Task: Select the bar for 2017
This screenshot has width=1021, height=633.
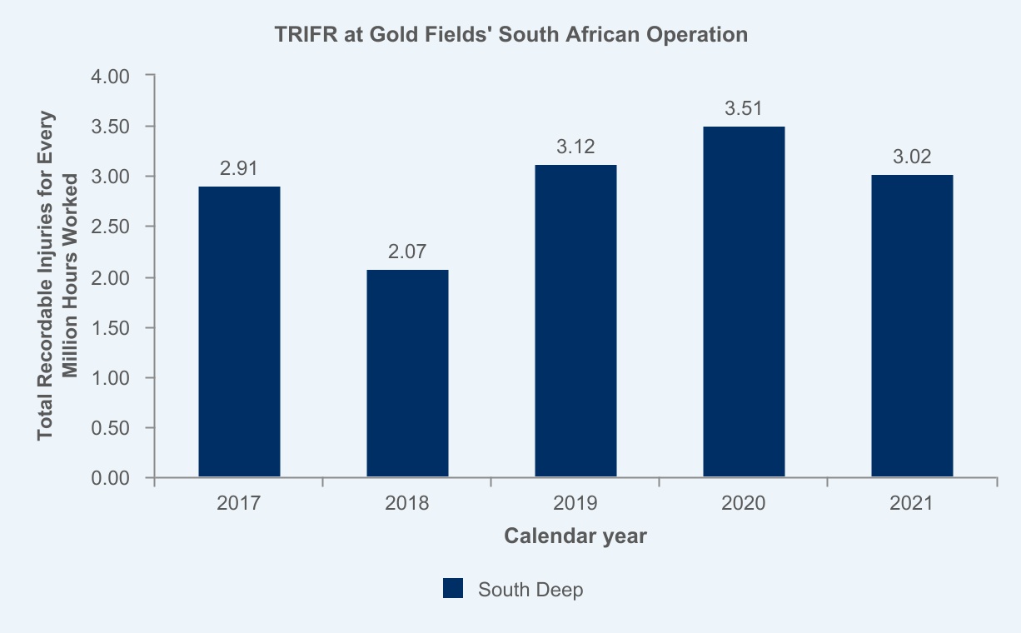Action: point(239,331)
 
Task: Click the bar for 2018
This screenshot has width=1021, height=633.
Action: point(407,373)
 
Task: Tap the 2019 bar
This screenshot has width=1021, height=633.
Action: point(575,321)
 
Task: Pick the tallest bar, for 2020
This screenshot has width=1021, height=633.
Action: point(744,302)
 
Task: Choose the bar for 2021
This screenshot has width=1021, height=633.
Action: point(912,326)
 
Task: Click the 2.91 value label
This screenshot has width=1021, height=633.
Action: point(239,168)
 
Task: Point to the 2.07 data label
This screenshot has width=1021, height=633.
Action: point(407,252)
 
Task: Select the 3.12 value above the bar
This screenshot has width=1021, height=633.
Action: point(575,147)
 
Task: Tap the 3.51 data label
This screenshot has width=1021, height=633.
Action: point(744,108)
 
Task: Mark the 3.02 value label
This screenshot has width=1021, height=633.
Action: point(912,157)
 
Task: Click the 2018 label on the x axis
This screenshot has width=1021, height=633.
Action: point(407,503)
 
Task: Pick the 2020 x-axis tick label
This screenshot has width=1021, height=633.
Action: point(744,503)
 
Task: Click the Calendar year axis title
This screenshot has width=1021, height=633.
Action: point(575,536)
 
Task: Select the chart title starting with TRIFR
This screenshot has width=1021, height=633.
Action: point(510,35)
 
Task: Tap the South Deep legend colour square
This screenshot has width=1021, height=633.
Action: point(452,589)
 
